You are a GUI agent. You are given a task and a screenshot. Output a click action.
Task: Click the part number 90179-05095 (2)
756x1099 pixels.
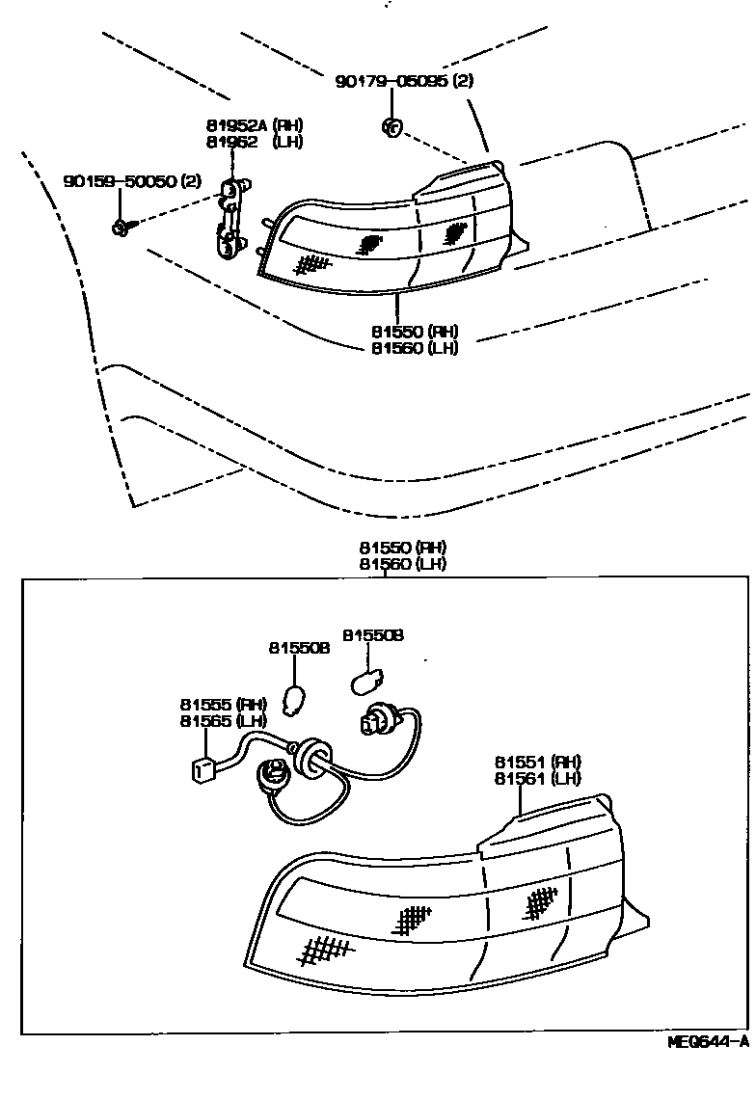coord(405,82)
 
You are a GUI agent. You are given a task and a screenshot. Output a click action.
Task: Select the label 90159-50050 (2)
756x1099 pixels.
coord(133,181)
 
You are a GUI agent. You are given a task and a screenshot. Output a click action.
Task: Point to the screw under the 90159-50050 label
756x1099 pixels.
coord(121,227)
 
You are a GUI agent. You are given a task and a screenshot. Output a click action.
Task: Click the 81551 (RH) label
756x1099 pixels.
coord(538,762)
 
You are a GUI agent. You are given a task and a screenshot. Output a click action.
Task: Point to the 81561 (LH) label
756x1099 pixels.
coord(538,778)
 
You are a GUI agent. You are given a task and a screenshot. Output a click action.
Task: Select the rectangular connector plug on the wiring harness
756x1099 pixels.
coord(202,767)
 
